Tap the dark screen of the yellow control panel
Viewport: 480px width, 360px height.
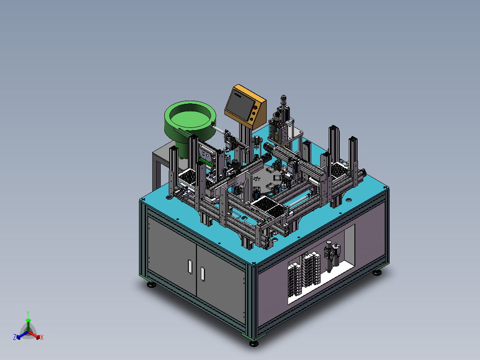pos(241,104)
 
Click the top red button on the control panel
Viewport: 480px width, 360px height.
pos(255,107)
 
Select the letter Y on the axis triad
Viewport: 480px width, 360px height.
pos(28,314)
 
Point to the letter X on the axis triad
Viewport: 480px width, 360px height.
pos(42,337)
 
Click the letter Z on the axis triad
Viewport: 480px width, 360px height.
pos(15,337)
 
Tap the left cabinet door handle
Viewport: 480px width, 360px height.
pos(190,266)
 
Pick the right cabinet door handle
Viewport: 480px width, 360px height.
pos(203,274)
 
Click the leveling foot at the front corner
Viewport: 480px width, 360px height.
pos(253,344)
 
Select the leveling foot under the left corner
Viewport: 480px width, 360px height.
pos(151,285)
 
